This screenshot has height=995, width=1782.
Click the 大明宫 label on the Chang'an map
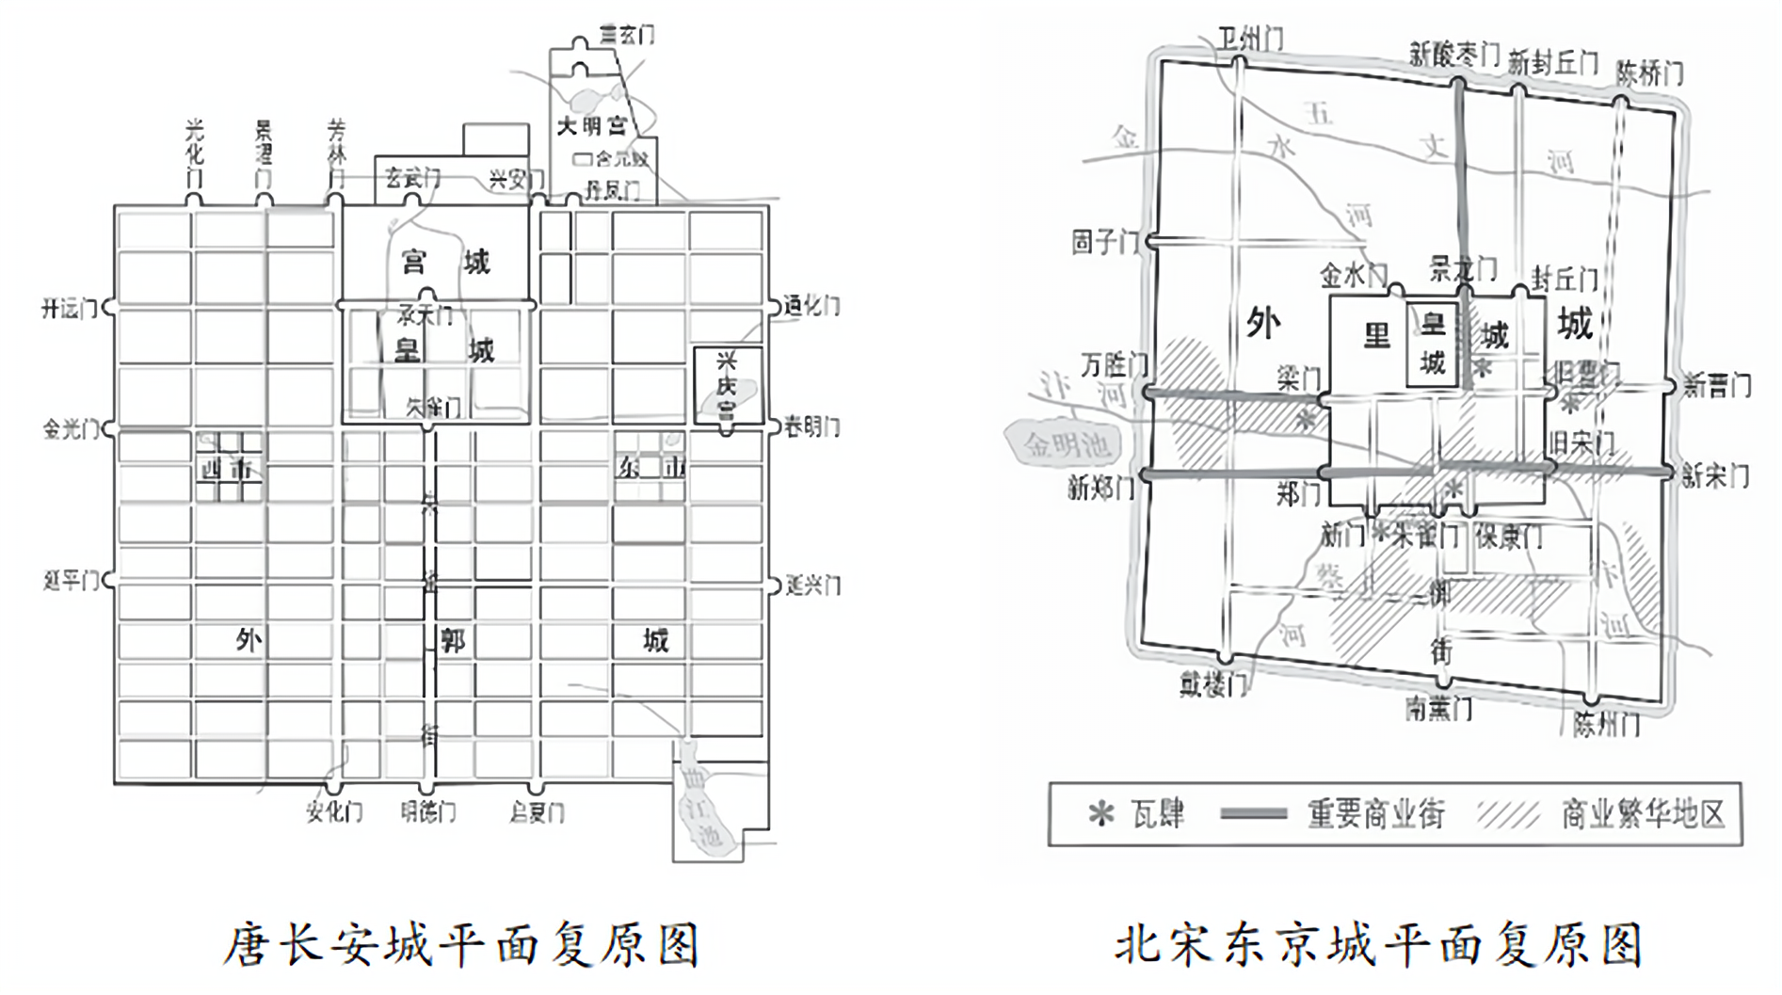(x=590, y=126)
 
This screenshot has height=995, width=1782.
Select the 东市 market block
(x=650, y=466)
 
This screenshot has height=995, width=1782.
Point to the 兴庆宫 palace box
(x=727, y=386)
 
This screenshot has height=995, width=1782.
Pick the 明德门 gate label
(x=428, y=812)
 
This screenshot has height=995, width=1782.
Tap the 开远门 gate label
(x=70, y=309)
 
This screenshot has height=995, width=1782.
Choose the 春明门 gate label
(x=811, y=427)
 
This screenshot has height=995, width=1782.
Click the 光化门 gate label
(x=194, y=152)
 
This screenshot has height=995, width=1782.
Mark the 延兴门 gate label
(x=812, y=586)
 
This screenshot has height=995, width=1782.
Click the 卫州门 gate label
(x=1250, y=39)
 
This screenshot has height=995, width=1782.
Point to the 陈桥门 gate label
(x=1649, y=72)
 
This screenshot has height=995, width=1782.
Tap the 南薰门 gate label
(x=1438, y=708)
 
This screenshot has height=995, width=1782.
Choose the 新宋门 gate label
(x=1716, y=476)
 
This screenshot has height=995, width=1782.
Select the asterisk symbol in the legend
(x=1100, y=814)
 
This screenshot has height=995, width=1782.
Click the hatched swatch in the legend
(x=1508, y=814)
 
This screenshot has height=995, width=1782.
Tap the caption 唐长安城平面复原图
(x=461, y=945)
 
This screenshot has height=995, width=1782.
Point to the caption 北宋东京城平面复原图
(x=1379, y=945)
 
